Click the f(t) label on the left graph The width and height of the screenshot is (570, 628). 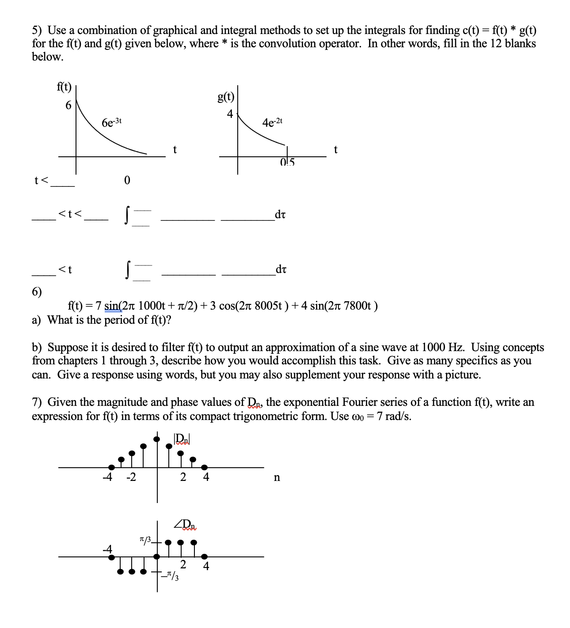[64, 87]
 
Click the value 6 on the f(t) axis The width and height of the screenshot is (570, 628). [68, 105]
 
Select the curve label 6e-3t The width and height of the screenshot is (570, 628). [111, 122]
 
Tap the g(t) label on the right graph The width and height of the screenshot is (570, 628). [226, 97]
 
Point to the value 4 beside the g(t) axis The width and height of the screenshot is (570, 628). [230, 114]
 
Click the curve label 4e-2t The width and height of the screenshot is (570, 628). [272, 122]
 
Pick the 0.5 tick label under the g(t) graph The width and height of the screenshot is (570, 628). [287, 163]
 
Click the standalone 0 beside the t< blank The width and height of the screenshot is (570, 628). [127, 180]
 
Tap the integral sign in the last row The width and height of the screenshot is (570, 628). [128, 271]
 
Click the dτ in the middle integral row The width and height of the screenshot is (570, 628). [280, 215]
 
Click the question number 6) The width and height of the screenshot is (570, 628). [37, 291]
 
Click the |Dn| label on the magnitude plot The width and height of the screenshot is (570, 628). [182, 439]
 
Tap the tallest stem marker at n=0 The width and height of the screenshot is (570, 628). [157, 439]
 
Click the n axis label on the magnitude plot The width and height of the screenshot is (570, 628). [277, 477]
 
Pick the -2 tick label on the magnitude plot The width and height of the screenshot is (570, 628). [131, 477]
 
